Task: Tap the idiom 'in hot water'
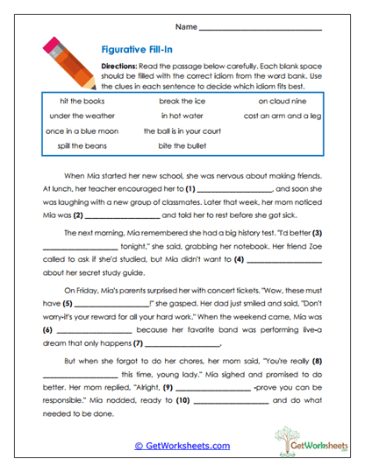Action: click(x=182, y=116)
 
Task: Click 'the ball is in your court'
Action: click(x=182, y=130)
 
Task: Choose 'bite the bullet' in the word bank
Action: click(x=182, y=145)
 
